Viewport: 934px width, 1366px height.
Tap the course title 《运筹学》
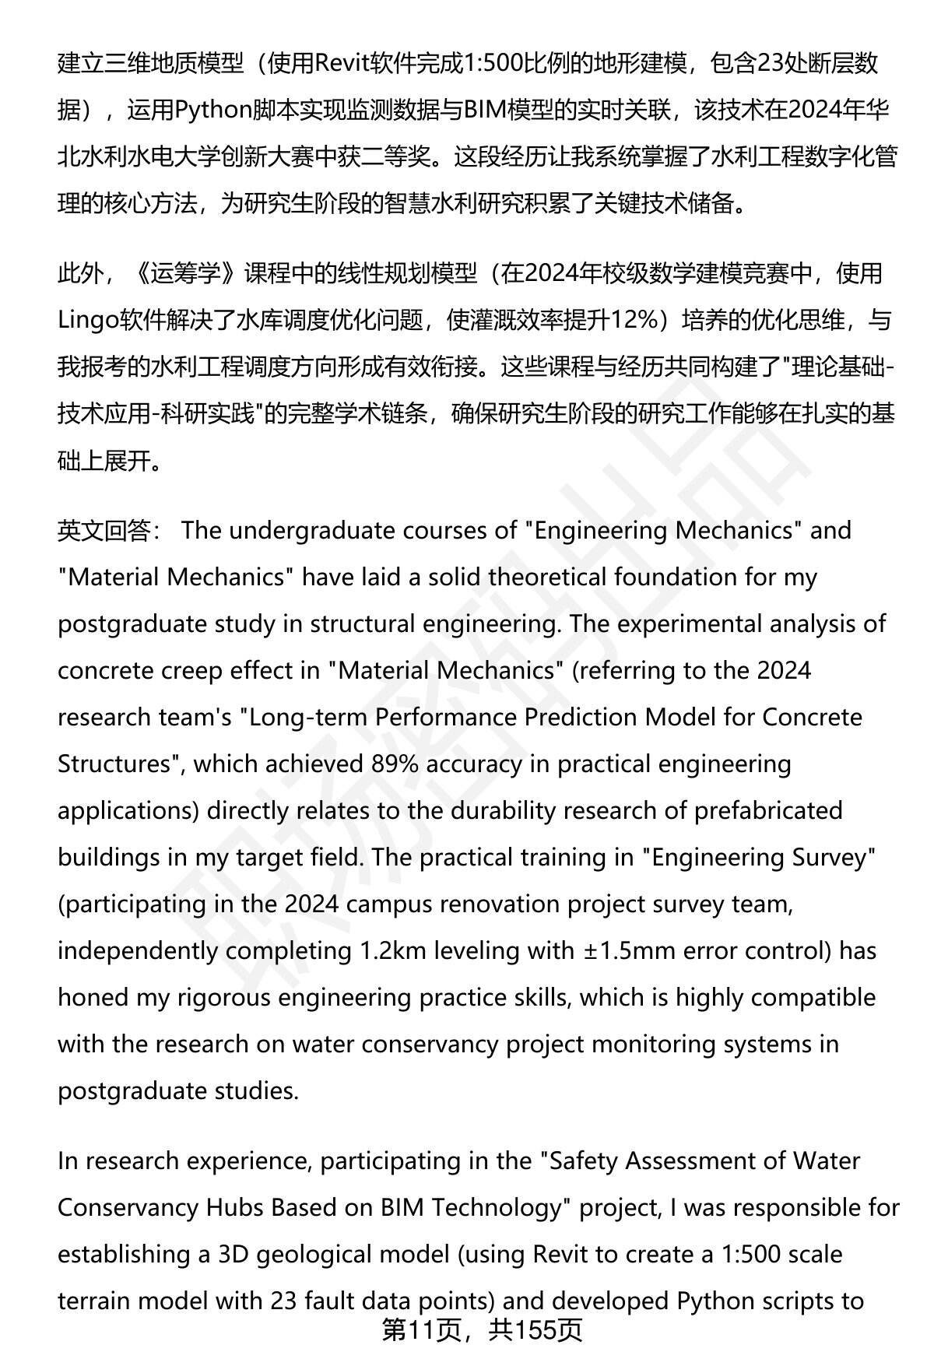pyautogui.click(x=186, y=273)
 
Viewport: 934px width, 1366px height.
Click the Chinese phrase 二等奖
pyautogui.click(x=396, y=156)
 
